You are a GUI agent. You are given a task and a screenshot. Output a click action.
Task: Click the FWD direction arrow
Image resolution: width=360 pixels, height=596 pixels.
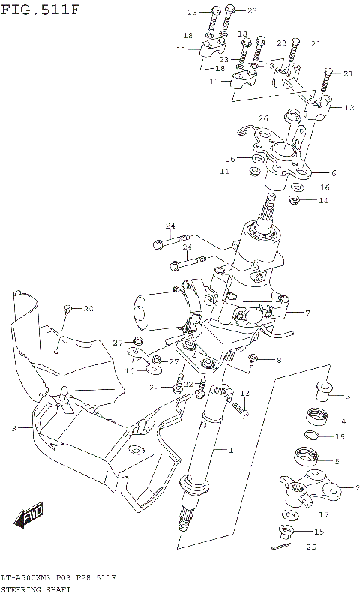point(31,516)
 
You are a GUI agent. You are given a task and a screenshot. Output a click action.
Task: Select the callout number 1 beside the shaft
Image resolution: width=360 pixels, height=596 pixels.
point(231,450)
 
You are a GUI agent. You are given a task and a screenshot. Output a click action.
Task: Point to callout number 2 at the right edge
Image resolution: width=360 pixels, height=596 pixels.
point(346,487)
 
